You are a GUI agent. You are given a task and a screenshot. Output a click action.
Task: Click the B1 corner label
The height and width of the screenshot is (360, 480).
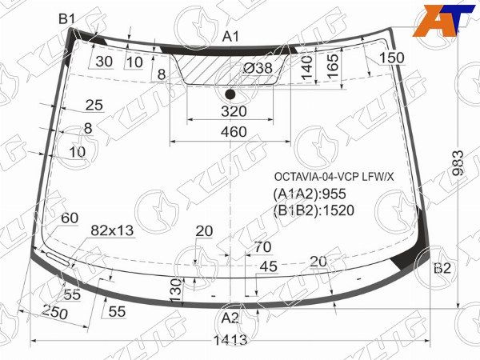click(x=66, y=19)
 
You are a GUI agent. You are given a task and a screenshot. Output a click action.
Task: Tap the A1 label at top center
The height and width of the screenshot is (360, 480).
click(x=230, y=37)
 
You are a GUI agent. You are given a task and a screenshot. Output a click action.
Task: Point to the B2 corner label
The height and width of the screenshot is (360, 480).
click(x=442, y=268)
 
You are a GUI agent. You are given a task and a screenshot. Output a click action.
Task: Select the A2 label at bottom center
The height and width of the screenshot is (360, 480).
click(x=230, y=318)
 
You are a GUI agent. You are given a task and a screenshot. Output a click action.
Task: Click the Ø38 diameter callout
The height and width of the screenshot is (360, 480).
click(x=258, y=68)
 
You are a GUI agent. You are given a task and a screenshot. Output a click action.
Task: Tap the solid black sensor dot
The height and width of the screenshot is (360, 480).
click(x=230, y=94)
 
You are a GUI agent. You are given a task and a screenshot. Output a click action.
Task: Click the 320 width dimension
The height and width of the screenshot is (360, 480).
click(x=234, y=111)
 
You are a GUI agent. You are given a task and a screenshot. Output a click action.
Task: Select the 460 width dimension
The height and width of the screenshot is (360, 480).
click(x=234, y=132)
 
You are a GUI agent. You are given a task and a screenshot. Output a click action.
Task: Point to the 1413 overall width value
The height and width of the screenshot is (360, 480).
click(x=230, y=340)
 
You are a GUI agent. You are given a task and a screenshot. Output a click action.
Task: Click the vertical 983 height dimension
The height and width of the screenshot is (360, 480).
click(x=458, y=162)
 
